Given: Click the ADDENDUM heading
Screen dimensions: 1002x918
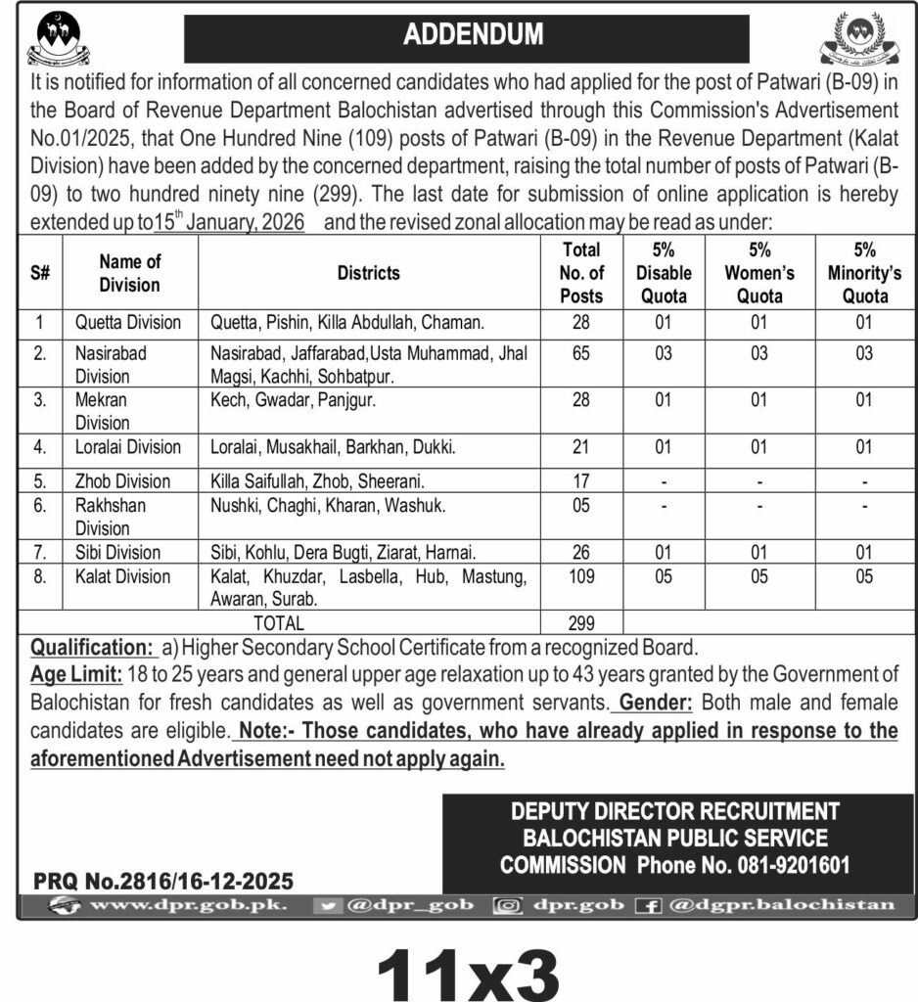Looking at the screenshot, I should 473,35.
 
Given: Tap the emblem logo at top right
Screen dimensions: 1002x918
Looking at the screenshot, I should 857,39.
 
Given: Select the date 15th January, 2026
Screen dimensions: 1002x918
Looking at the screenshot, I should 229,222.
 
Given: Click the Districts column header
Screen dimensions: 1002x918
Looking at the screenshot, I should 369,273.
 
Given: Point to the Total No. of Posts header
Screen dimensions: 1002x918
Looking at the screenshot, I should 582,273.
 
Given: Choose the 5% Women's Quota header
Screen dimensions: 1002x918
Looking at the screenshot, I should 759,273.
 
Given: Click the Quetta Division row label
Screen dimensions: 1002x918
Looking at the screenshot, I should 128,322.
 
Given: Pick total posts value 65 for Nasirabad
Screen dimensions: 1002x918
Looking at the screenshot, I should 582,353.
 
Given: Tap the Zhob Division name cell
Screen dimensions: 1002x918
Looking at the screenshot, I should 122,481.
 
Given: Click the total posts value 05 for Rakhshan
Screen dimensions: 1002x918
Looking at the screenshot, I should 582,506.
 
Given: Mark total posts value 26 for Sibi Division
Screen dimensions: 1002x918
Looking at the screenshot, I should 582,553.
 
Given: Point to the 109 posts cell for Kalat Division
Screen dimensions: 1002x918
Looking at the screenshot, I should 582,576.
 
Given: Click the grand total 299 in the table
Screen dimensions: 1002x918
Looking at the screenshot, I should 582,622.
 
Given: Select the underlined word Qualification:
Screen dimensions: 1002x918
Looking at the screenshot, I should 92,647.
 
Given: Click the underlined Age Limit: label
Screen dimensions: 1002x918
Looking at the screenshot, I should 76,674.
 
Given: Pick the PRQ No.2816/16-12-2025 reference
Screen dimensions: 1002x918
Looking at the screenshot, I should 163,881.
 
